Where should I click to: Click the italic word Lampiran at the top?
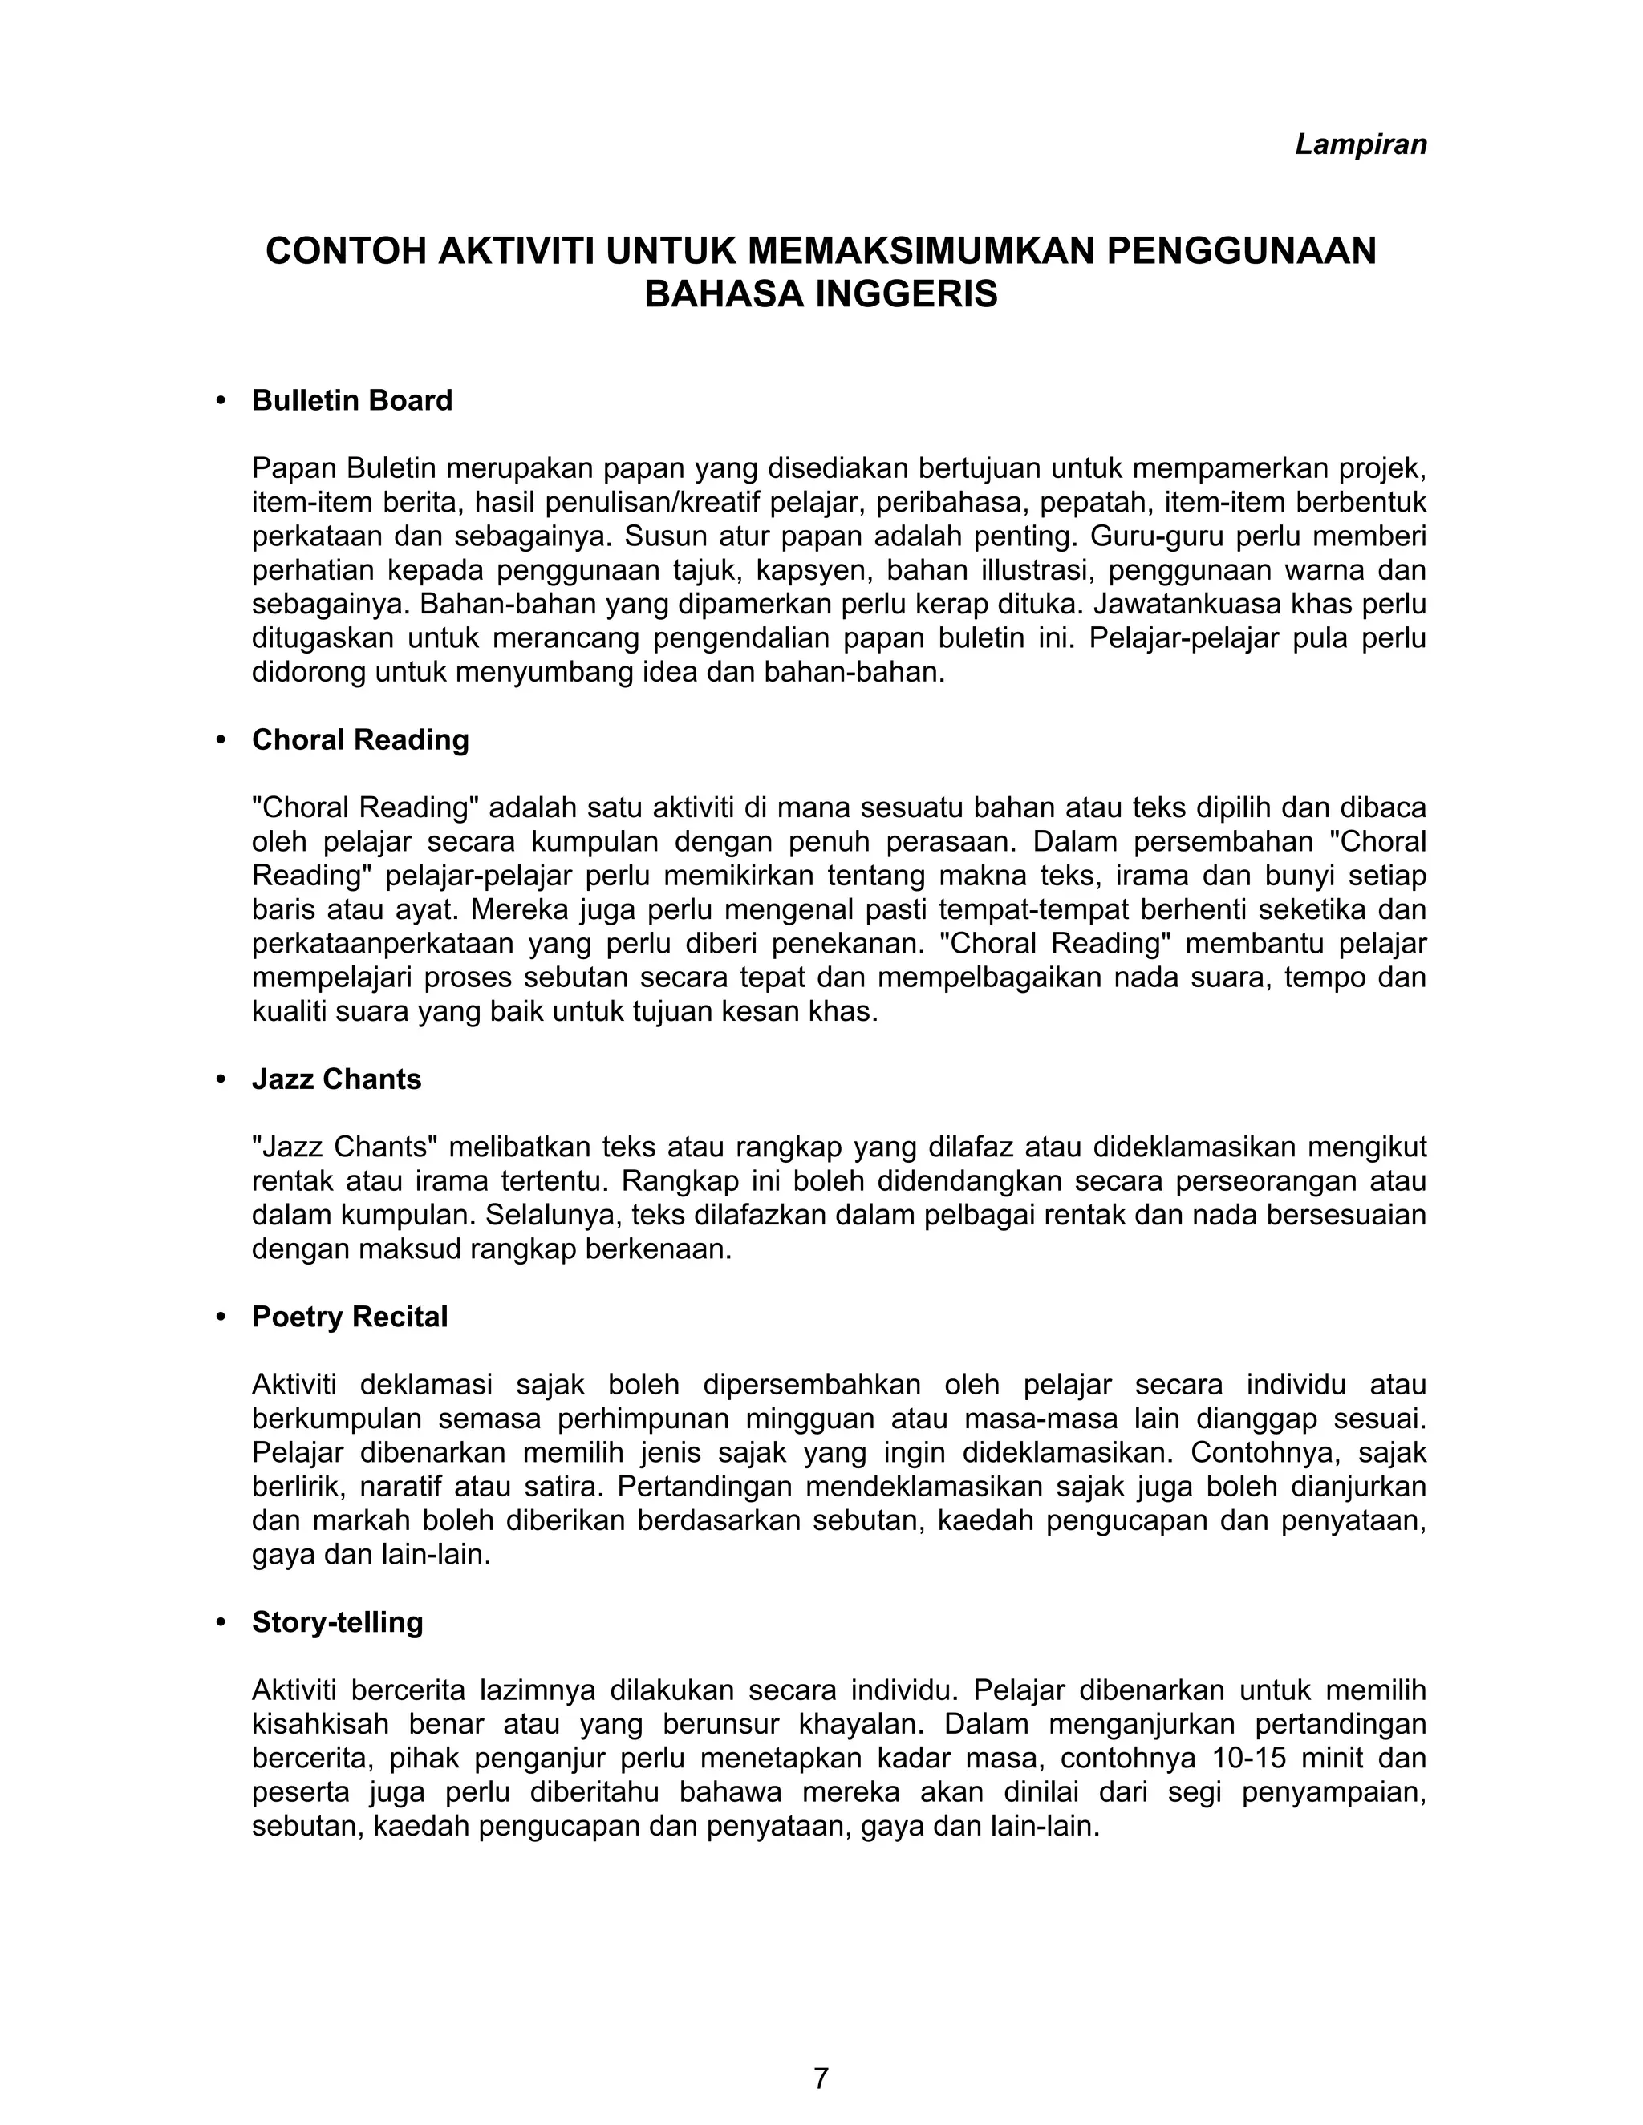point(1360,144)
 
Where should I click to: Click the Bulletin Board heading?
point(351,401)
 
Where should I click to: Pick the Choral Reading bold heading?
point(360,740)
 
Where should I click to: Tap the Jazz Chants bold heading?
point(336,1080)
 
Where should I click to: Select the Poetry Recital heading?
point(350,1317)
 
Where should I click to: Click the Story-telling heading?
point(337,1623)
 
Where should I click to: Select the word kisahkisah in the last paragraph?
point(320,1725)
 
